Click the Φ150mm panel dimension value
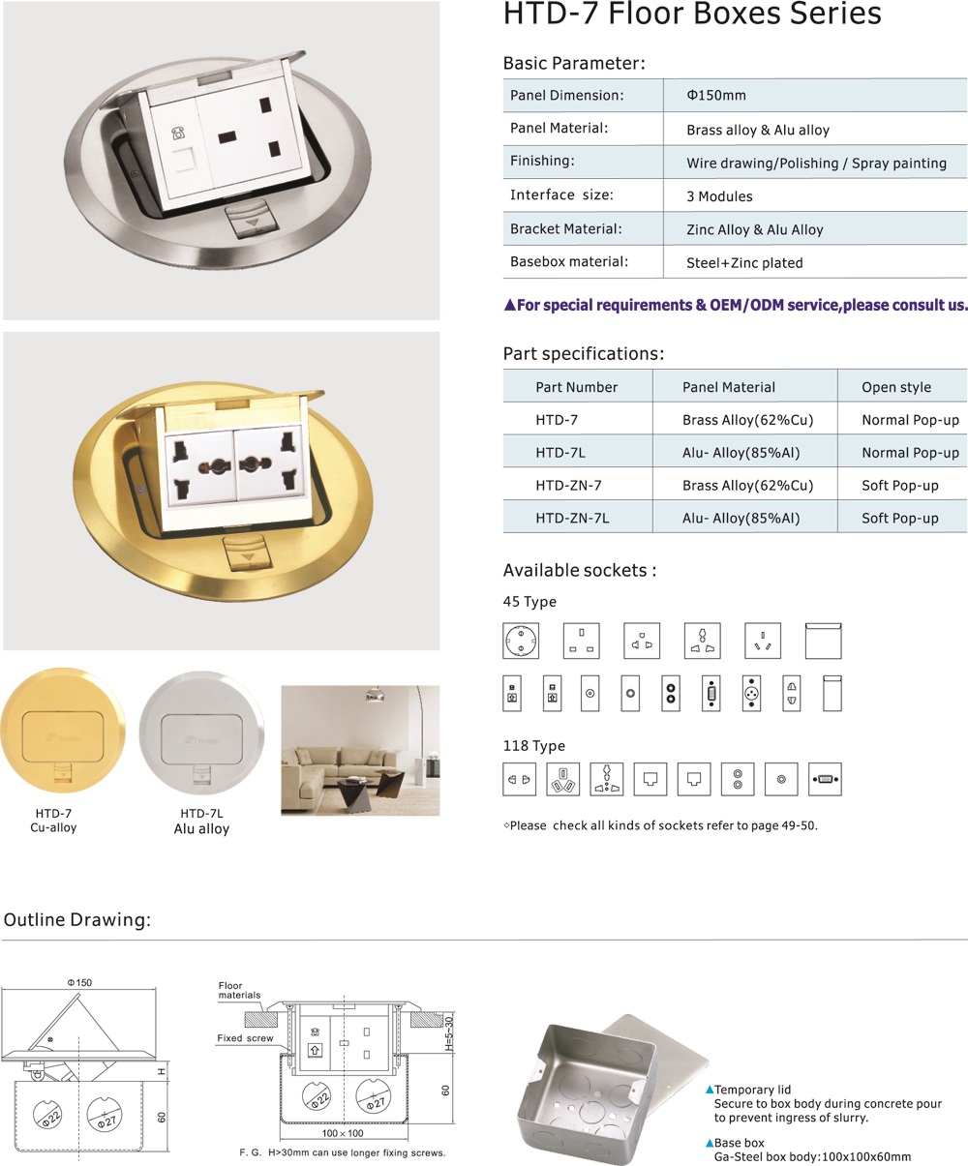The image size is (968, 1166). pyautogui.click(x=716, y=96)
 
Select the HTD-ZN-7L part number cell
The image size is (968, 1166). pyautogui.click(x=572, y=518)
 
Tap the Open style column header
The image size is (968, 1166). pyautogui.click(x=896, y=387)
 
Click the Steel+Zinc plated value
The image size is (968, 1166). pyautogui.click(x=744, y=262)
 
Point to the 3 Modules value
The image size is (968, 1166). pyautogui.click(x=719, y=196)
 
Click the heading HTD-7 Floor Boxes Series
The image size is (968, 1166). pyautogui.click(x=692, y=15)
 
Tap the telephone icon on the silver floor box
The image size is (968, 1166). pyautogui.click(x=177, y=134)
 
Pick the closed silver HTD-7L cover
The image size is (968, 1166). pyautogui.click(x=201, y=737)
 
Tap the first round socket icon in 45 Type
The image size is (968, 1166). pyautogui.click(x=521, y=641)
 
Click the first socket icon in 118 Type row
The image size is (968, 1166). pyautogui.click(x=520, y=779)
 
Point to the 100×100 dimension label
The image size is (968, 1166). pyautogui.click(x=343, y=1133)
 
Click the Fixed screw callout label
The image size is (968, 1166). pyautogui.click(x=245, y=1038)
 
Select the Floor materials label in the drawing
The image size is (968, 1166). pyautogui.click(x=239, y=990)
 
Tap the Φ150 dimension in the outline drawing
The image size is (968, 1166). pyautogui.click(x=79, y=982)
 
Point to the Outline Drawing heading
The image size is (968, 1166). pyautogui.click(x=77, y=919)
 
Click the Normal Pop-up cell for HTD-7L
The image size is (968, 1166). pyautogui.click(x=910, y=453)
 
